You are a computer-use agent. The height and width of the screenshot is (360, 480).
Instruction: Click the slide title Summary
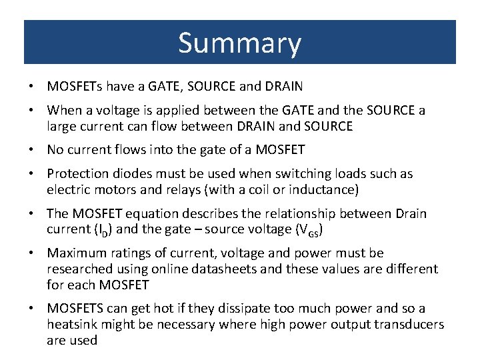pyautogui.click(x=239, y=43)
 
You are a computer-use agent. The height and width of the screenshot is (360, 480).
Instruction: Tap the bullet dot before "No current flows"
pyautogui.click(x=32, y=150)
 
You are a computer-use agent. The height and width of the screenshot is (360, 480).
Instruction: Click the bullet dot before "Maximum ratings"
pyautogui.click(x=32, y=253)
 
